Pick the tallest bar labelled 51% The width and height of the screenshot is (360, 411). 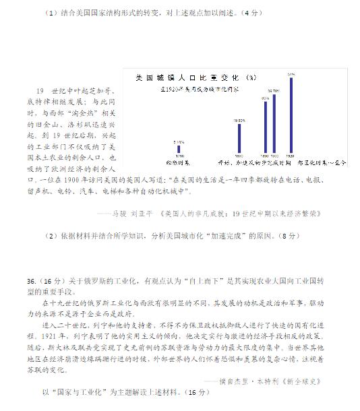291,115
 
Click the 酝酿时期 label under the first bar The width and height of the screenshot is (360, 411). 177,162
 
